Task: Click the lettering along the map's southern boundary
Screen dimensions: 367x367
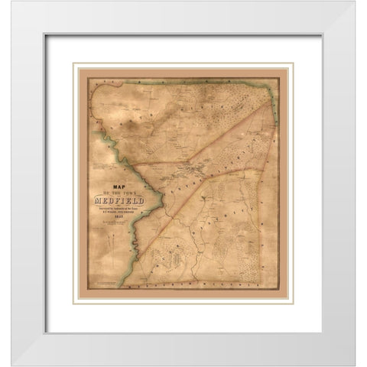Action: [x=206, y=285]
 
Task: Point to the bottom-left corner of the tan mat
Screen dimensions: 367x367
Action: [x=74, y=303]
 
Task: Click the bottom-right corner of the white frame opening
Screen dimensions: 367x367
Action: [x=322, y=333]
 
